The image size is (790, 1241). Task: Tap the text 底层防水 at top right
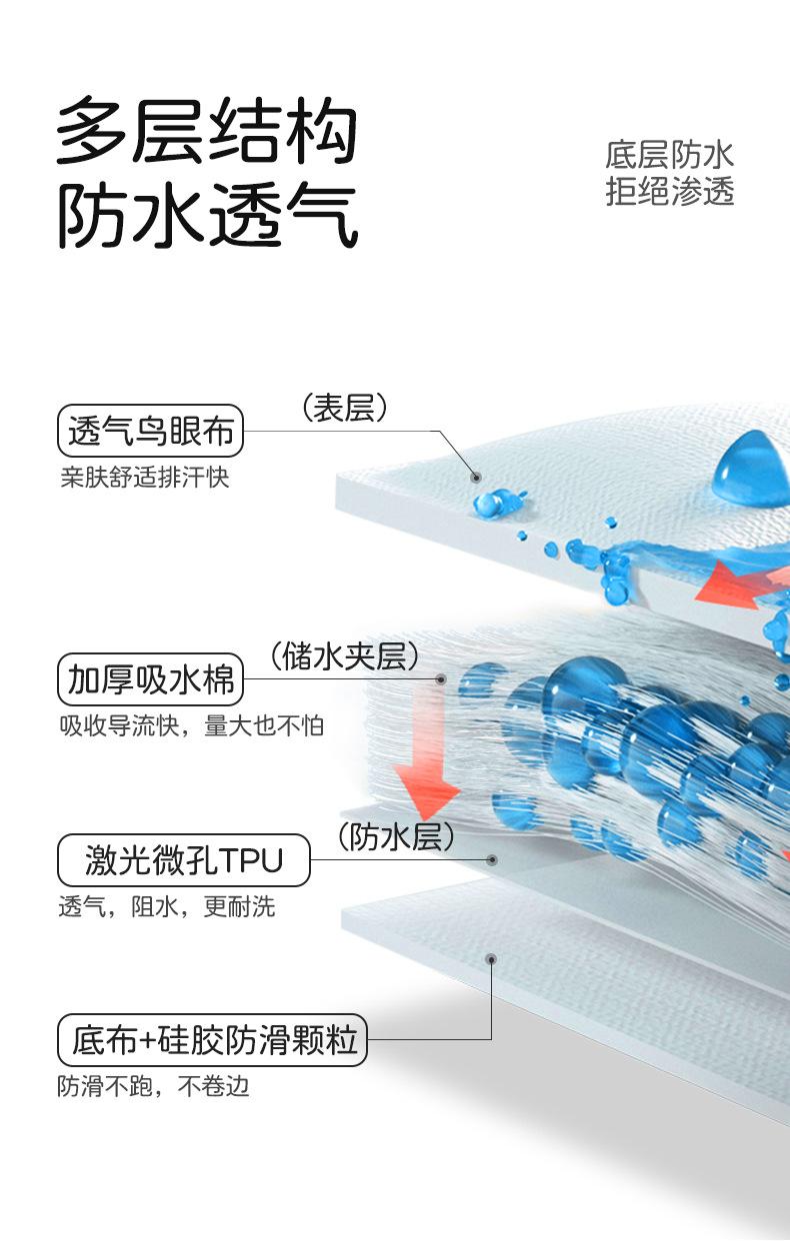click(669, 155)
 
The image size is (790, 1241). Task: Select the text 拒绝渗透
click(669, 190)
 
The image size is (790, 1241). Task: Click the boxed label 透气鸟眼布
click(150, 432)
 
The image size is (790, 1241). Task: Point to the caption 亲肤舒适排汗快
click(144, 478)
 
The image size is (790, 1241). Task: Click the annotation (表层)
click(344, 408)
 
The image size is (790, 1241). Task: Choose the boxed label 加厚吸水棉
click(150, 679)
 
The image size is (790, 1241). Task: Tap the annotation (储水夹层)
click(344, 656)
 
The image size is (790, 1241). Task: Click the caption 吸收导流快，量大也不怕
click(190, 725)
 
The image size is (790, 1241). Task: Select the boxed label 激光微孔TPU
click(184, 859)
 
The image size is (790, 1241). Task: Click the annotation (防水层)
click(396, 836)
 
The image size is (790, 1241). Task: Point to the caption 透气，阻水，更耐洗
click(166, 907)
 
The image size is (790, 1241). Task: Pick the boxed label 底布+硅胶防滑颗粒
click(213, 1040)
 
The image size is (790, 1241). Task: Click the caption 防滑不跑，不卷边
click(153, 1086)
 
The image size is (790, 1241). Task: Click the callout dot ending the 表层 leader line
click(477, 479)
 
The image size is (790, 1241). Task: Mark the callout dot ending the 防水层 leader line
click(492, 859)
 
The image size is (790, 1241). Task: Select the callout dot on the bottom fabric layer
click(491, 959)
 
